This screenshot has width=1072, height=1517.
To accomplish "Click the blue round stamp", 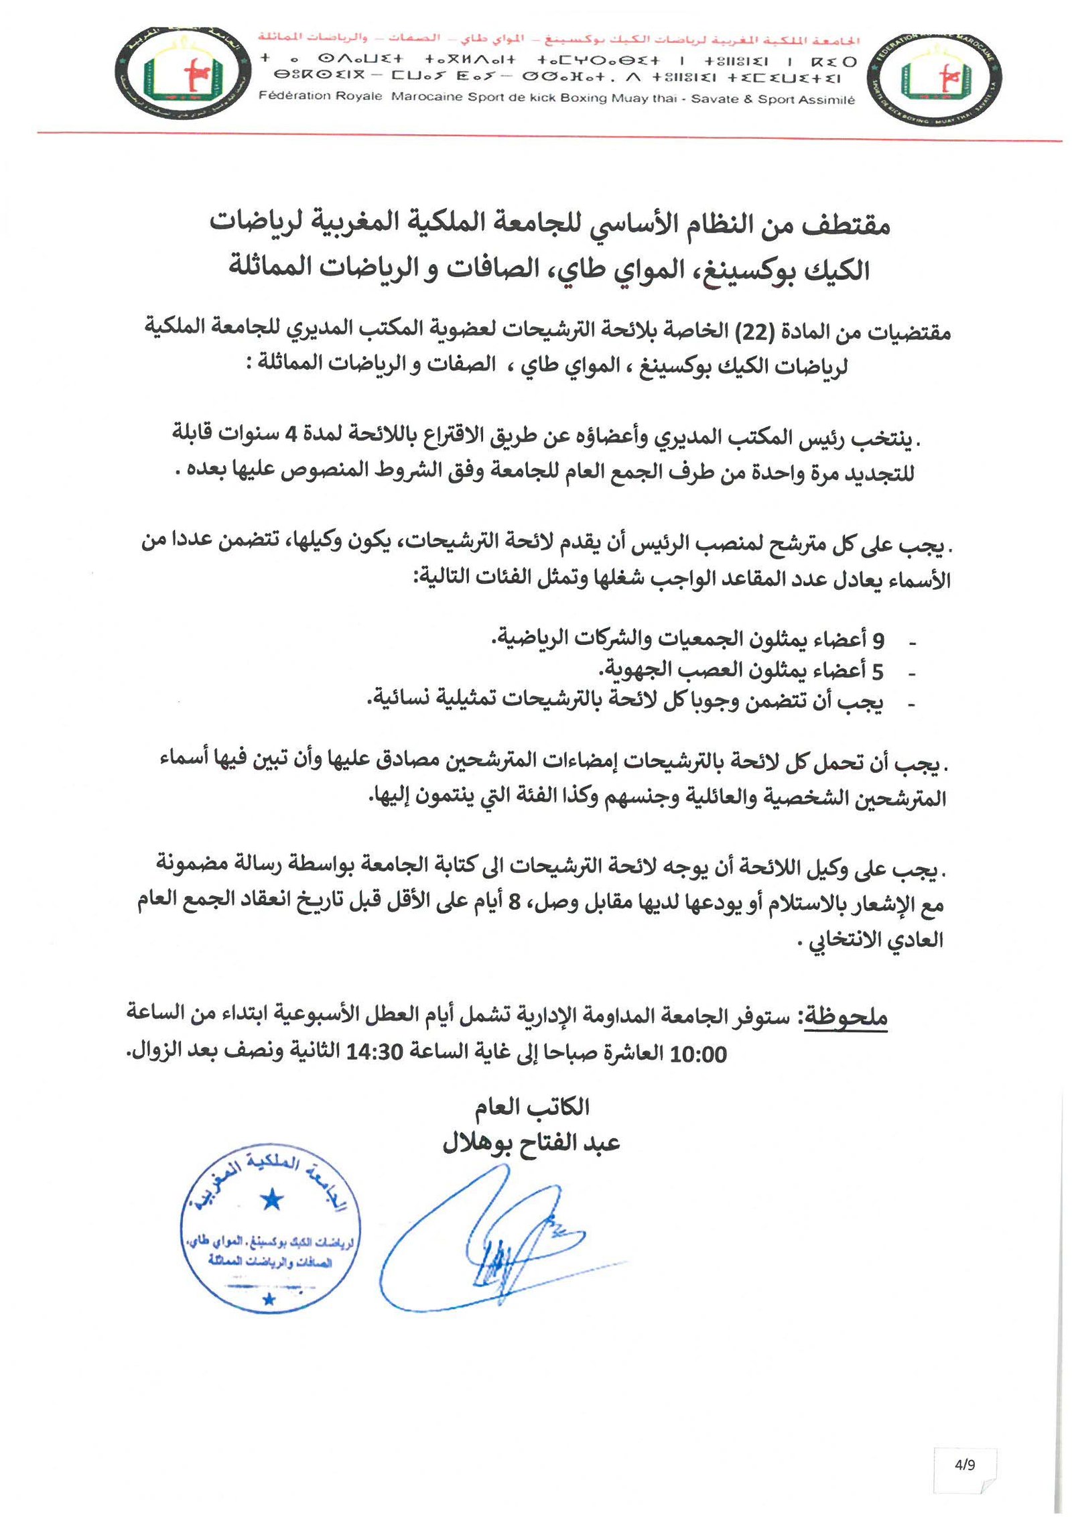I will (271, 1227).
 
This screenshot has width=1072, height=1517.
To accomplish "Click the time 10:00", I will (698, 1054).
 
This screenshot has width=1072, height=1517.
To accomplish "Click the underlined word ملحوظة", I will (845, 1018).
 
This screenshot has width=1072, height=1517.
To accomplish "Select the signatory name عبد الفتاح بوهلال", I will (531, 1142).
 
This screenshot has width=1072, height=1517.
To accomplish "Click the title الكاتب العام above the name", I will (532, 1106).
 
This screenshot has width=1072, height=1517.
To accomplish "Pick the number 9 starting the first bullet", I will (877, 640).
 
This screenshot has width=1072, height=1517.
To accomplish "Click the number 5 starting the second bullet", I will (877, 670).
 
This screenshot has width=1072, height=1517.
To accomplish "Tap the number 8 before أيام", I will (514, 902).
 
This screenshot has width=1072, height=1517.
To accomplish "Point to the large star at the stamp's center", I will (271, 1199).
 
